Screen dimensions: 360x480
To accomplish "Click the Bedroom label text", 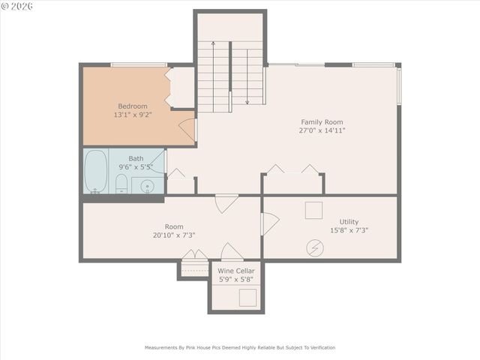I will coord(133,106).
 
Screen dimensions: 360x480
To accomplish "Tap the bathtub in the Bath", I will coord(95,172).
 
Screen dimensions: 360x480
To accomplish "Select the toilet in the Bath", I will coord(121,182).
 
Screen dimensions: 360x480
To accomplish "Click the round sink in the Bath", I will coord(147,185).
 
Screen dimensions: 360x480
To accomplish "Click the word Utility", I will coord(349,222).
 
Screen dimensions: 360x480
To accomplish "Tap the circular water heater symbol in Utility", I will coord(313,246).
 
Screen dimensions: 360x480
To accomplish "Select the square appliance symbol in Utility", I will coord(313,210).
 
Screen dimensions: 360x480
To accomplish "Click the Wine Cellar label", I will coord(236,271).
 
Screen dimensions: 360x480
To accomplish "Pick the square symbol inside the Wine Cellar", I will coord(247,297).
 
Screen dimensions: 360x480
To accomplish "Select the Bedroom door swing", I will coord(187,128).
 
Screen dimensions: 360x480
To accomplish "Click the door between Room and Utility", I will coord(269,223).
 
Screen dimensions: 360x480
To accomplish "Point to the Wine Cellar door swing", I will coord(232,253).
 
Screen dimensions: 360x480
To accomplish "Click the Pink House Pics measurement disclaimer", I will coord(240,347).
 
